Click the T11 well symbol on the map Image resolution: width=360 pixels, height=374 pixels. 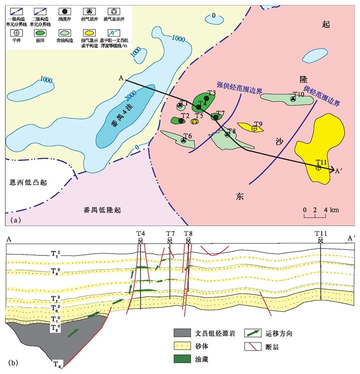pos(318,168)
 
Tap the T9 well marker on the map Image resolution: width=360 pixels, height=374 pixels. pos(254,129)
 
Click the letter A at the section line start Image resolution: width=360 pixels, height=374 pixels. pos(121,77)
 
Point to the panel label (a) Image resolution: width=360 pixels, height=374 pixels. pos(15,219)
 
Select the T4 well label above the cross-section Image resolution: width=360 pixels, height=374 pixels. pos(141,233)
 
